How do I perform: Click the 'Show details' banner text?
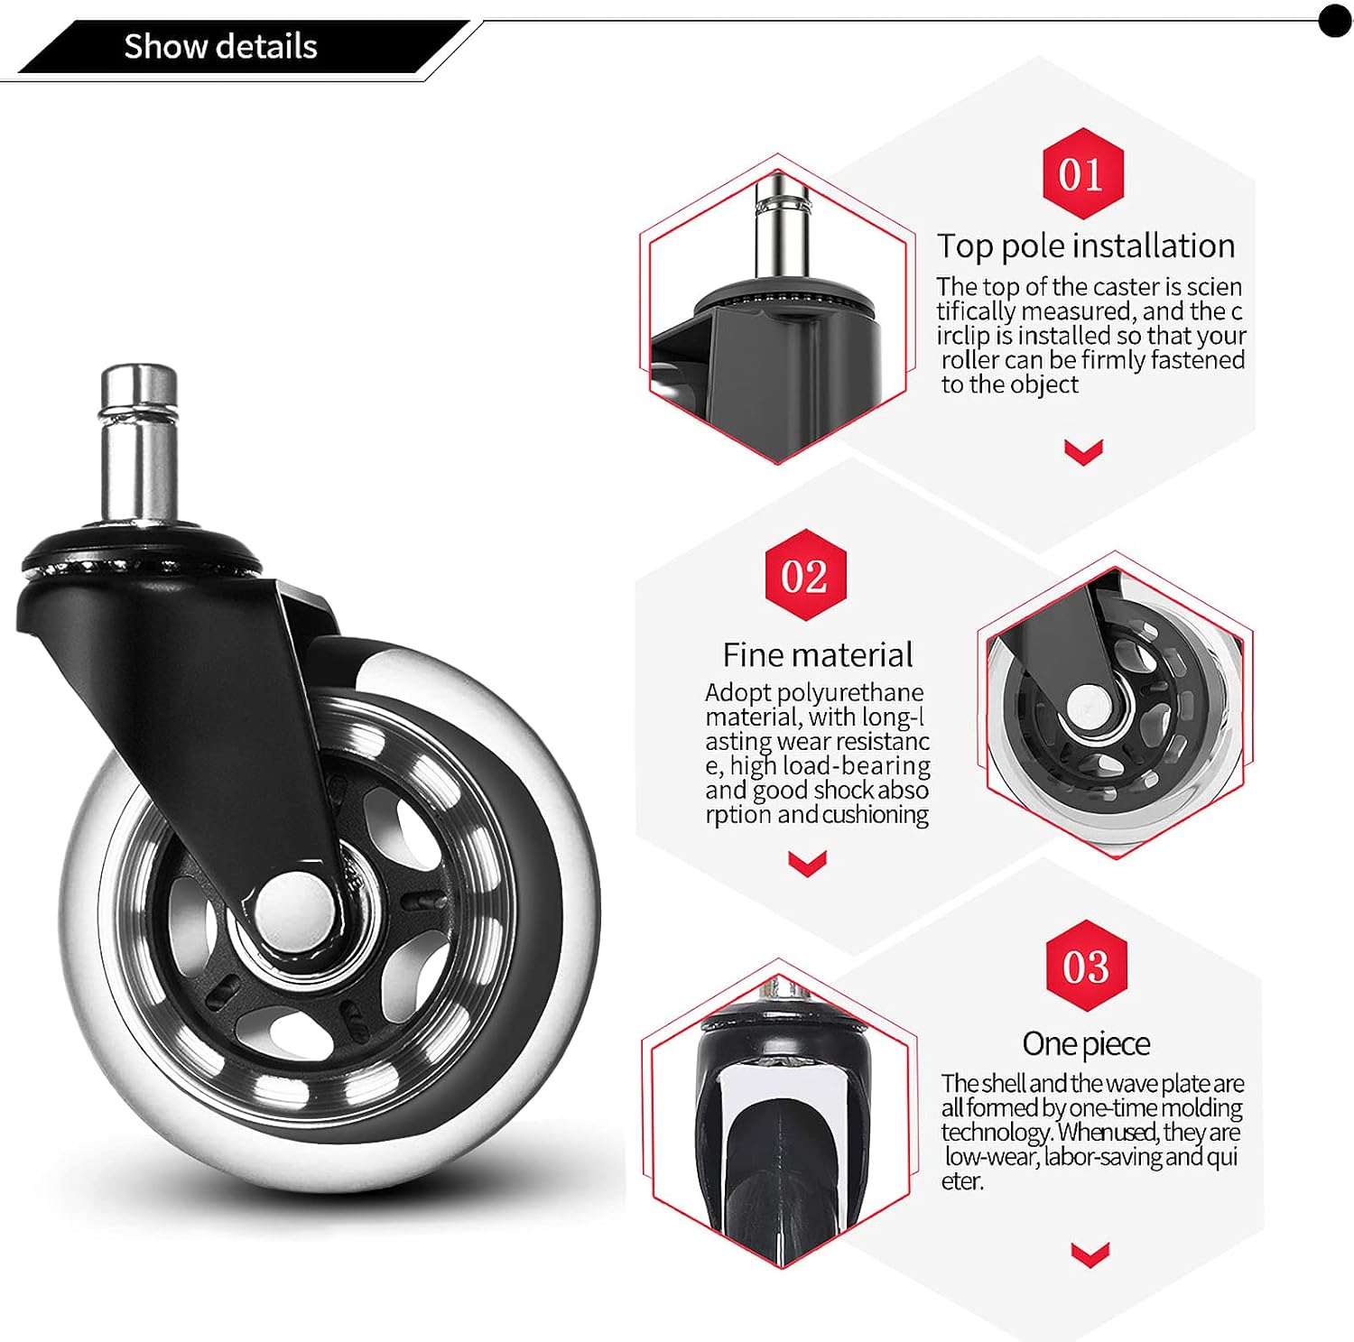[x=220, y=46]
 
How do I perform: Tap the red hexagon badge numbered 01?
[x=1083, y=173]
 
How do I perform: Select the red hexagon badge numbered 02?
[x=806, y=575]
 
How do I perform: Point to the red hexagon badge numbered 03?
[x=1086, y=966]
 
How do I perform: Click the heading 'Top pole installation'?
[x=1085, y=245]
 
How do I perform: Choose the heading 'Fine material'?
[x=817, y=654]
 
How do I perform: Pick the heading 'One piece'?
[x=1086, y=1043]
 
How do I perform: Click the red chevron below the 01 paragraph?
[x=1083, y=451]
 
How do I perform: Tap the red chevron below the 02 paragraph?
[x=807, y=863]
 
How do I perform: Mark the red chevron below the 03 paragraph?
[x=1090, y=1254]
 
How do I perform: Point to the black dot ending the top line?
[x=1335, y=20]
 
